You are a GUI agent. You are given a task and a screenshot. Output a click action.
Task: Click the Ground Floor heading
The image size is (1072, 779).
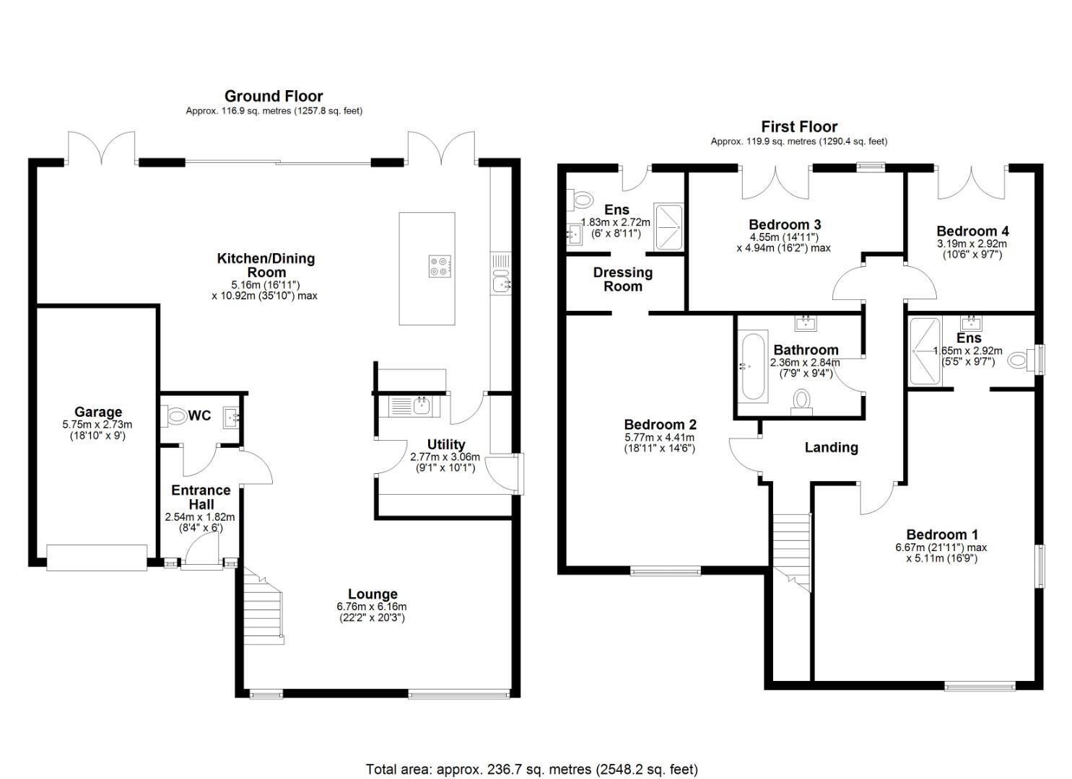274,96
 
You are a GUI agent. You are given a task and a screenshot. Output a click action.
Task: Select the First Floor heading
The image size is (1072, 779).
799,127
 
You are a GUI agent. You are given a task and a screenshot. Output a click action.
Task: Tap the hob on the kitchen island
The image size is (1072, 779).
440,267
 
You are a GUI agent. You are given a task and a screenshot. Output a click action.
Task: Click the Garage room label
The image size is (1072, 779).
98,412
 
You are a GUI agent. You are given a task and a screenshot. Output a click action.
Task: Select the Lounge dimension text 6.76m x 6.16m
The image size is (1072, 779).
372,607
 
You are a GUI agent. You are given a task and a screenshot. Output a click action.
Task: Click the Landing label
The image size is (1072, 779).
832,448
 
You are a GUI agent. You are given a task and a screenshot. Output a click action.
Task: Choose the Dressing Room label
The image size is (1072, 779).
622,279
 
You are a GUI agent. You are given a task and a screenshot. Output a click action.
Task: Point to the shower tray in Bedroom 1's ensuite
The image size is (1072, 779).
925,351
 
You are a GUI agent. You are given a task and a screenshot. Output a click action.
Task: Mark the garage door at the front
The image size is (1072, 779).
97,558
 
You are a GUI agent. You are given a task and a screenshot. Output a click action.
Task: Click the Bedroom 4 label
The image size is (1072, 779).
973,231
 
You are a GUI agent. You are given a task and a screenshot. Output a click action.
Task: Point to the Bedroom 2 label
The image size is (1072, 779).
660,424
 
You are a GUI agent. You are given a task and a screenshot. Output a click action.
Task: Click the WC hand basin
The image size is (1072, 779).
231,418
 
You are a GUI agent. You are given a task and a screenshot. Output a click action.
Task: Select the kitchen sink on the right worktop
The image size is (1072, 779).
500,281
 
